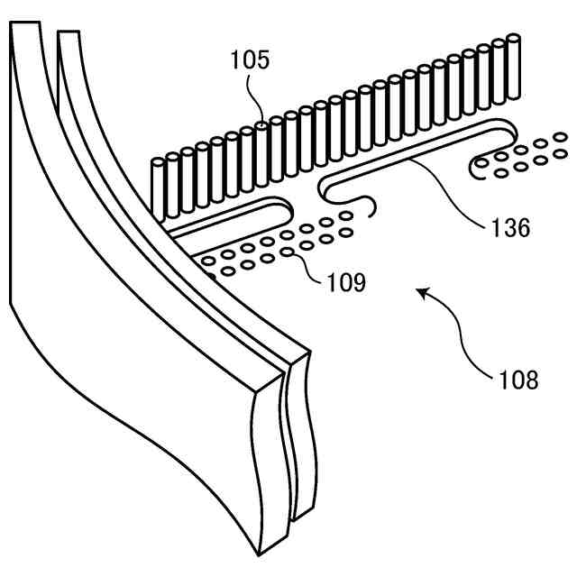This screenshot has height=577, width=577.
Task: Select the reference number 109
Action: [x=347, y=283]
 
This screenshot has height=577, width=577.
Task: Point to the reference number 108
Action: [x=517, y=379]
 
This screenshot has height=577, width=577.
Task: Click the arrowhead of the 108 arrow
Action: [x=421, y=291]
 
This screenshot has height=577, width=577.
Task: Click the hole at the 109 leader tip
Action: [x=288, y=253]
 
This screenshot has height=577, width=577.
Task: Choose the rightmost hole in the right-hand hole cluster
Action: [x=561, y=137]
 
